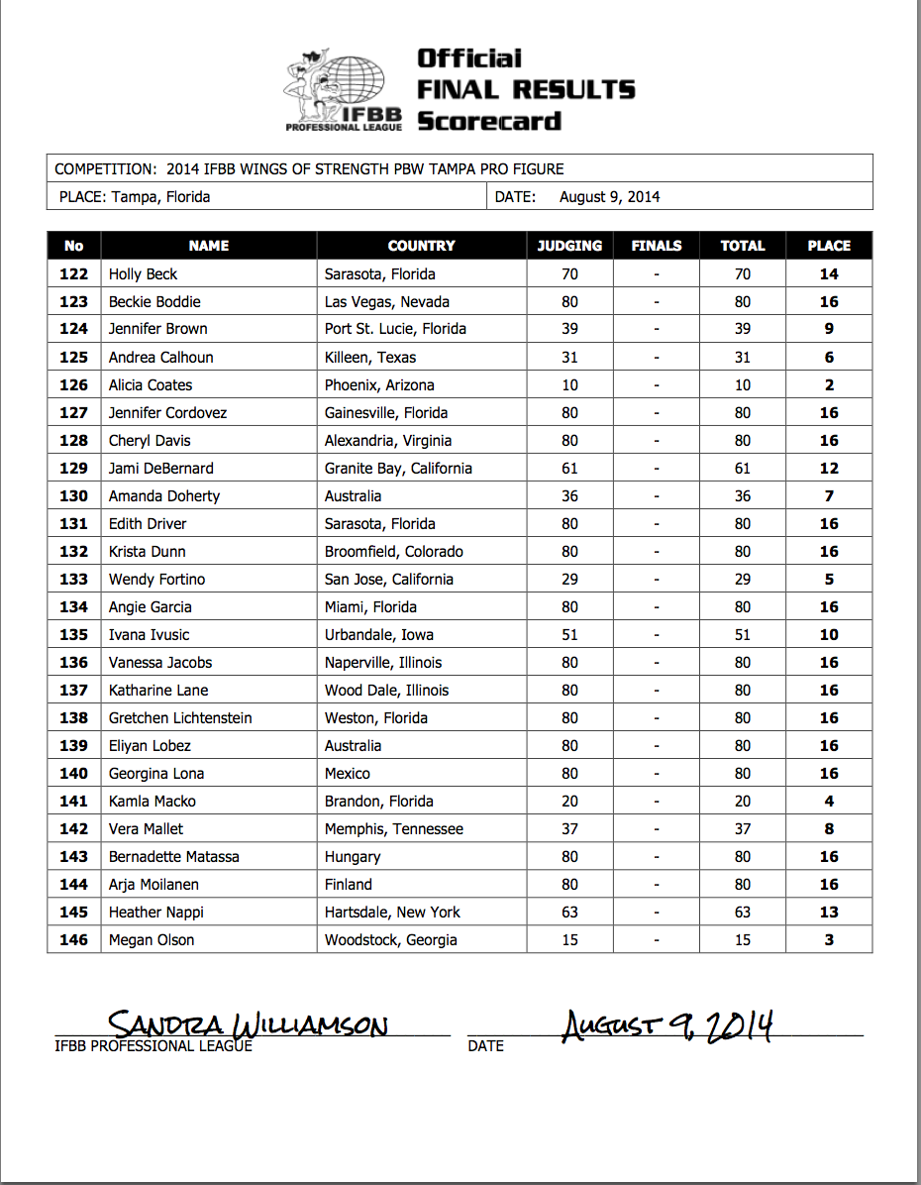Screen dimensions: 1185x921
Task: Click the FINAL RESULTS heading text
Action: [x=526, y=90]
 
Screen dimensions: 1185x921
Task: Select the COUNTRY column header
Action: [x=421, y=246]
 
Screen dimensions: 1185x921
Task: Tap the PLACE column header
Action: [x=829, y=246]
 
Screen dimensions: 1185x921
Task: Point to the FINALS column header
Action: [x=656, y=246]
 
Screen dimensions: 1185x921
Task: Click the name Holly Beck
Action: [x=143, y=274]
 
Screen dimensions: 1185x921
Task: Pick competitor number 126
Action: [x=74, y=385]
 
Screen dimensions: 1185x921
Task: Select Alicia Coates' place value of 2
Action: [x=829, y=385]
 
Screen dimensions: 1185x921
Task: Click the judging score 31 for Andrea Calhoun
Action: [x=569, y=358]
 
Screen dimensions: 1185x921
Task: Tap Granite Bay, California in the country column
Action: [x=398, y=469]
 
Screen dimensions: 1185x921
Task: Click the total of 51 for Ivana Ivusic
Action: [x=742, y=635]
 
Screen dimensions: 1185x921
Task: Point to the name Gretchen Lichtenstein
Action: [x=180, y=718]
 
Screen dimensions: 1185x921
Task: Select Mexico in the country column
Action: [x=348, y=774]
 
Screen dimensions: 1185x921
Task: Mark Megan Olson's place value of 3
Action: [x=829, y=940]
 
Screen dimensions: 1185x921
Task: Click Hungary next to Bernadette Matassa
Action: [x=353, y=857]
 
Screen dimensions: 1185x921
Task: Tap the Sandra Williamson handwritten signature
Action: [x=248, y=1024]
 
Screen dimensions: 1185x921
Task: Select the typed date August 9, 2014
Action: [x=609, y=197]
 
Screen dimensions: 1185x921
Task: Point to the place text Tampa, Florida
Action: [x=160, y=197]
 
